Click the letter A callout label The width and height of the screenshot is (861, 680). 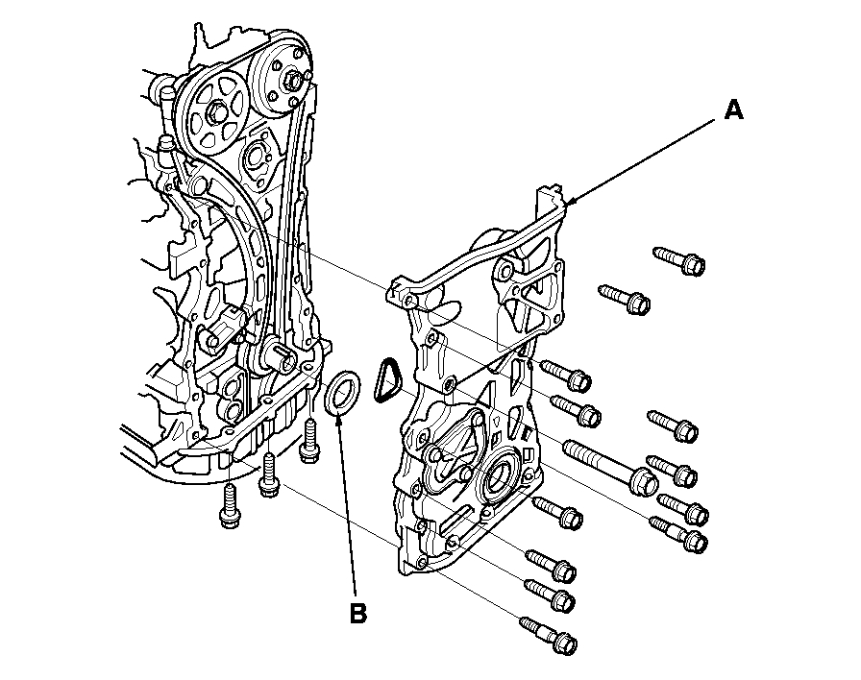click(x=733, y=111)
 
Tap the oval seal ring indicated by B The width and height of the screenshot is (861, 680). click(x=343, y=397)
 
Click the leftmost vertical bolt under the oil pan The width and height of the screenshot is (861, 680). click(x=229, y=505)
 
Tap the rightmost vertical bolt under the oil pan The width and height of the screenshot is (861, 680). click(x=309, y=443)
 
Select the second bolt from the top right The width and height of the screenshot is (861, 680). click(x=626, y=299)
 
